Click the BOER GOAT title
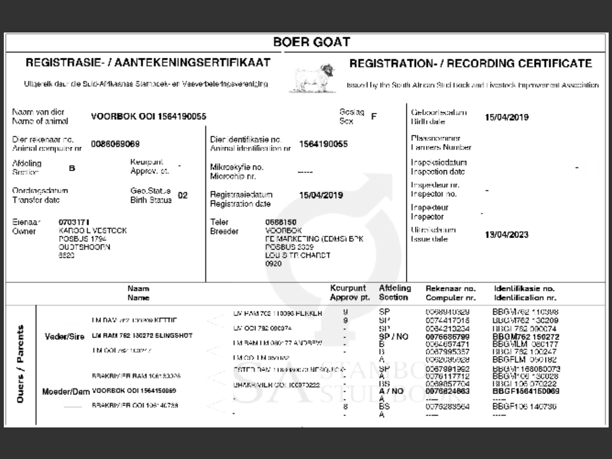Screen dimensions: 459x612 coord(312,42)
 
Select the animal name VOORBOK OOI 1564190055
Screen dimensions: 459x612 coord(149,117)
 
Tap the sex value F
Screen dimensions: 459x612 coord(374,117)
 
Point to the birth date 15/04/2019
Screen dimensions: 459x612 coord(507,117)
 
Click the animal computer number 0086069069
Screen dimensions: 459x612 coord(115,144)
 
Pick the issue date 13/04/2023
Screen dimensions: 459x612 coord(507,234)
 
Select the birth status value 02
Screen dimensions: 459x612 coord(183,195)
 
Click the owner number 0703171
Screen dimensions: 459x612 coord(74,222)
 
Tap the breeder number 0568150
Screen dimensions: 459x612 coord(281,222)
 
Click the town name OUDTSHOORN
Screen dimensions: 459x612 coord(85,247)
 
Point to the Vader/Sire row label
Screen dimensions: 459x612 coord(65,336)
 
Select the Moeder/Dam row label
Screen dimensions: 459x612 coord(66,392)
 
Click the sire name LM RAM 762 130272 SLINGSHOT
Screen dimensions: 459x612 coord(142,336)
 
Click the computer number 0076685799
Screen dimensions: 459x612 coord(448,337)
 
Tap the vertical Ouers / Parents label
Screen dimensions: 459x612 coord(21,363)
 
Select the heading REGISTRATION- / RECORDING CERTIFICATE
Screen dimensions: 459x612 coord(470,64)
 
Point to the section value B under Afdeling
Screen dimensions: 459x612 coord(72,168)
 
